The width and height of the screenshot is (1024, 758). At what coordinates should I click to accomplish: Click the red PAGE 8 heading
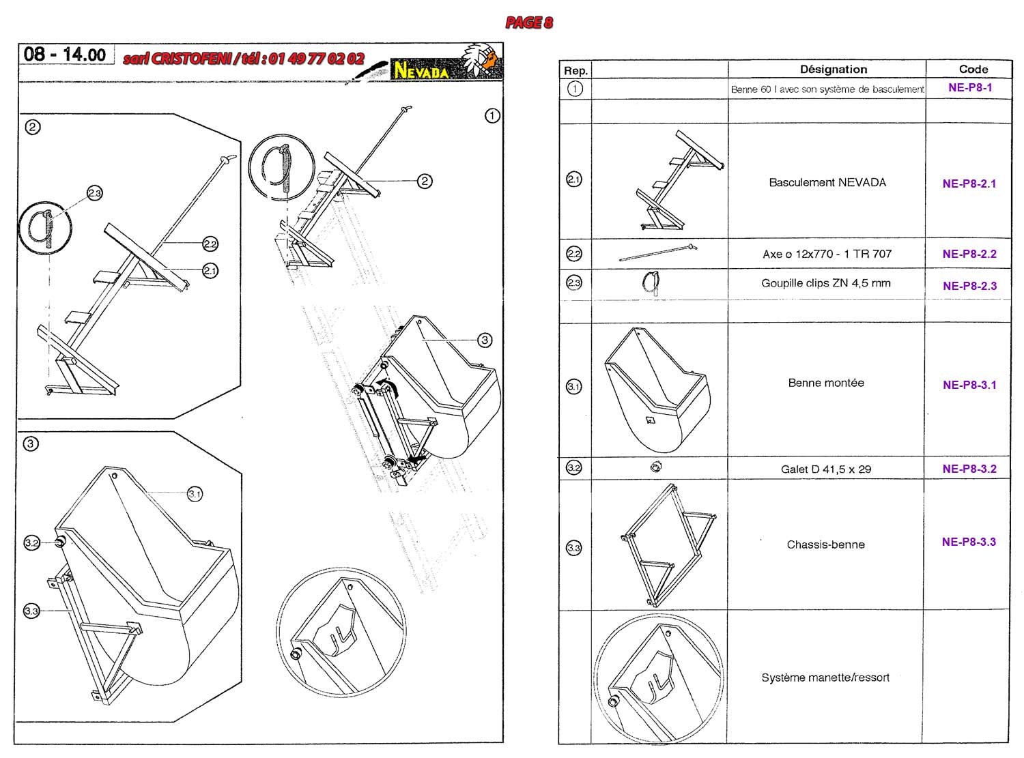click(x=529, y=23)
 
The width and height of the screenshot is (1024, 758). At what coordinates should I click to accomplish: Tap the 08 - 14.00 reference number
click(x=65, y=55)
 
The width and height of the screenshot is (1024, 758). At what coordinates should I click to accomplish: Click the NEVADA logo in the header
click(x=421, y=70)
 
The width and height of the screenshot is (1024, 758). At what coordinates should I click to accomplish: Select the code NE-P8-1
click(x=970, y=87)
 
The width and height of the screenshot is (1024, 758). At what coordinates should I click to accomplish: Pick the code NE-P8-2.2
click(x=969, y=254)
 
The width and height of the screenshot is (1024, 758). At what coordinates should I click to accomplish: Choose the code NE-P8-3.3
click(x=969, y=542)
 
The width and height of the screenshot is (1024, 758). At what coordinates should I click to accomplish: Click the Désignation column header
click(x=834, y=69)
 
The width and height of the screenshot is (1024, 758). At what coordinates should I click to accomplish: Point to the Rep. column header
click(x=575, y=70)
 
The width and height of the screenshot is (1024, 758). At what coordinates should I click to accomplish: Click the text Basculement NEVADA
click(x=827, y=182)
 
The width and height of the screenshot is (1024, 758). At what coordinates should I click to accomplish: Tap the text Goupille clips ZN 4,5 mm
click(x=826, y=283)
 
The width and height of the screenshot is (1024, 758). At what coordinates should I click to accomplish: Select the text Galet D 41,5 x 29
click(x=826, y=469)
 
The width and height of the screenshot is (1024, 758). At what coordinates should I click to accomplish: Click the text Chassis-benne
click(x=826, y=544)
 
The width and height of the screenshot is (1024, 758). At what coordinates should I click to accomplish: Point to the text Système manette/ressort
click(x=825, y=677)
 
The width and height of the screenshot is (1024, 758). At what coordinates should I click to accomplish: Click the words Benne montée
click(x=826, y=383)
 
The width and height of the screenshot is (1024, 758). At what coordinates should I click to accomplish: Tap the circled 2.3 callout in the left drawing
click(x=94, y=194)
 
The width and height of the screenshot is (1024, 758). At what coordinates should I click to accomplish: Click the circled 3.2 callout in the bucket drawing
click(x=31, y=543)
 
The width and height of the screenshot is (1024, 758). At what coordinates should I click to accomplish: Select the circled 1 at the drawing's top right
click(x=492, y=116)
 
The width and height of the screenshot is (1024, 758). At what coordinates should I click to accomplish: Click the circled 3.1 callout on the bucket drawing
click(x=195, y=494)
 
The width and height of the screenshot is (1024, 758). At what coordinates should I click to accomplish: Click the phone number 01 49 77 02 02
click(x=316, y=59)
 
